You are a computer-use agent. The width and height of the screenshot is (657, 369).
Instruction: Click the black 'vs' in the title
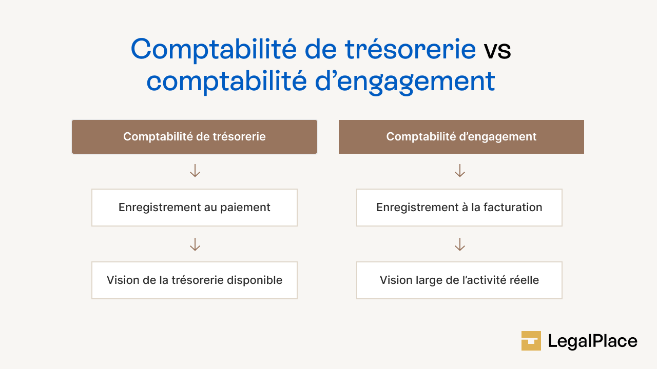[497, 50]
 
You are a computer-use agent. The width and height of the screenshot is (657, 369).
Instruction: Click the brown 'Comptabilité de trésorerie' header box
[195, 137]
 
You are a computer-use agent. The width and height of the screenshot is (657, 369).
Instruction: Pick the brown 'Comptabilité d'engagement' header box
[461, 137]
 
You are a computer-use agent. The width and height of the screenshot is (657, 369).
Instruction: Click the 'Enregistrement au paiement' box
[195, 208]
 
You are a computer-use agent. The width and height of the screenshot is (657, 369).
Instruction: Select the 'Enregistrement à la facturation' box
[459, 208]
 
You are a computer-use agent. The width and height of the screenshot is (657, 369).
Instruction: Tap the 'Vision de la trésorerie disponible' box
[195, 280]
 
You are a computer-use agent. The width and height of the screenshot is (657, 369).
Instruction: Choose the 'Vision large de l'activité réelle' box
[459, 280]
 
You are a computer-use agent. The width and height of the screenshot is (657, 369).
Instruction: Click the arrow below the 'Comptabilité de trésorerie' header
[195, 171]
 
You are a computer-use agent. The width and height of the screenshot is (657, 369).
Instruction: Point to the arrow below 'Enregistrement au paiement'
[195, 244]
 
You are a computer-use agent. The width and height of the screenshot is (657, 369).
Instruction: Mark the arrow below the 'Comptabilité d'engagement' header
[460, 171]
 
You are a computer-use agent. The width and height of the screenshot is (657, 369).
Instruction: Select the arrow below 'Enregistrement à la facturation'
[460, 244]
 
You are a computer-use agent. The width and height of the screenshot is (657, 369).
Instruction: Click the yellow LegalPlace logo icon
[531, 341]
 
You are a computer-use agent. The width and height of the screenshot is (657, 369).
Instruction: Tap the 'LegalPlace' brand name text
[592, 341]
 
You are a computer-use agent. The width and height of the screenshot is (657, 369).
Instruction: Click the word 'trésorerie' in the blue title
[410, 49]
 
